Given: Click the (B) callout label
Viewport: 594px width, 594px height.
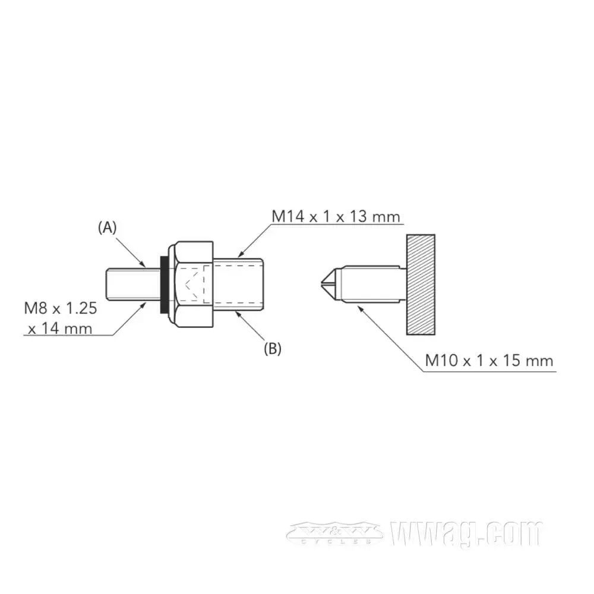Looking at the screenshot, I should pos(272,348).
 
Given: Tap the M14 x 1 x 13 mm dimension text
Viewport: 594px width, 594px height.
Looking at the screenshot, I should pos(336,216).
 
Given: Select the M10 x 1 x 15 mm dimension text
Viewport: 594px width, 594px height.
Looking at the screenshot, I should pos(489,360).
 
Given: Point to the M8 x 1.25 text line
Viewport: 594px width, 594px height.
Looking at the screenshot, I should pos(60,308).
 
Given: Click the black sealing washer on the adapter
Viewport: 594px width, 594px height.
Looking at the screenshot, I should pos(162,285).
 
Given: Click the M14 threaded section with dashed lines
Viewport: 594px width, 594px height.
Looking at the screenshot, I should pos(238,285).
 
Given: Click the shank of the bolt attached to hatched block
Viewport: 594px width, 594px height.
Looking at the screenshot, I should pos(371,285).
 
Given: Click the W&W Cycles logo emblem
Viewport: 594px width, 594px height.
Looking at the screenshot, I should pos(334,532).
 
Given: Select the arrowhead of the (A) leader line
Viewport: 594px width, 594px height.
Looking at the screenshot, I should pos(146,265).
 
